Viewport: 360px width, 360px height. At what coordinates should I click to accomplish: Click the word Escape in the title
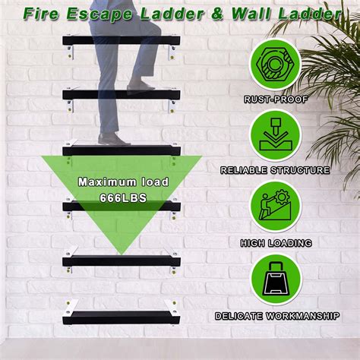(x=99, y=14)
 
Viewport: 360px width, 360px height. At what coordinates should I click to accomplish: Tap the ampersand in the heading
(x=218, y=14)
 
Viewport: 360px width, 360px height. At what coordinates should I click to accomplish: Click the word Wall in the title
(x=251, y=14)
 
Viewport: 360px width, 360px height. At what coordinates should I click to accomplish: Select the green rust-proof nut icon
(x=276, y=65)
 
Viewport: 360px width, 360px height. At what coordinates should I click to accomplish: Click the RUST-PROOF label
(x=276, y=99)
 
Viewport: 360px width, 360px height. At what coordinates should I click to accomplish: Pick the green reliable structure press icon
(x=276, y=135)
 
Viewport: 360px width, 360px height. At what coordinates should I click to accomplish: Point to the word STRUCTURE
(x=300, y=170)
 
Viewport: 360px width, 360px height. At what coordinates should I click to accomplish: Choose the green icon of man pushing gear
(x=276, y=207)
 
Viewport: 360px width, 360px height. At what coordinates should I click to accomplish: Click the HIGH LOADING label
(x=276, y=243)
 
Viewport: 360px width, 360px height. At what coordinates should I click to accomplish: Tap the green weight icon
(x=276, y=279)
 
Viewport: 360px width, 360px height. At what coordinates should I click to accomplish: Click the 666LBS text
(x=123, y=198)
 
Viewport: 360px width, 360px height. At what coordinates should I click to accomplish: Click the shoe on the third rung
(x=114, y=140)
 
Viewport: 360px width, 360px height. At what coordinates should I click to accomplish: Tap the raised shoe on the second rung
(x=141, y=85)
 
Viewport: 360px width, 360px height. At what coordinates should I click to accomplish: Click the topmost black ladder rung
(x=122, y=41)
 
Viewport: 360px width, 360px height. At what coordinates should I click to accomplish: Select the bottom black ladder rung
(x=122, y=317)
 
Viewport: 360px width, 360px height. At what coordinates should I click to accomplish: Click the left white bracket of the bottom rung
(x=71, y=307)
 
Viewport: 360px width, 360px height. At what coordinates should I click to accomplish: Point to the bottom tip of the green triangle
(x=122, y=254)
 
